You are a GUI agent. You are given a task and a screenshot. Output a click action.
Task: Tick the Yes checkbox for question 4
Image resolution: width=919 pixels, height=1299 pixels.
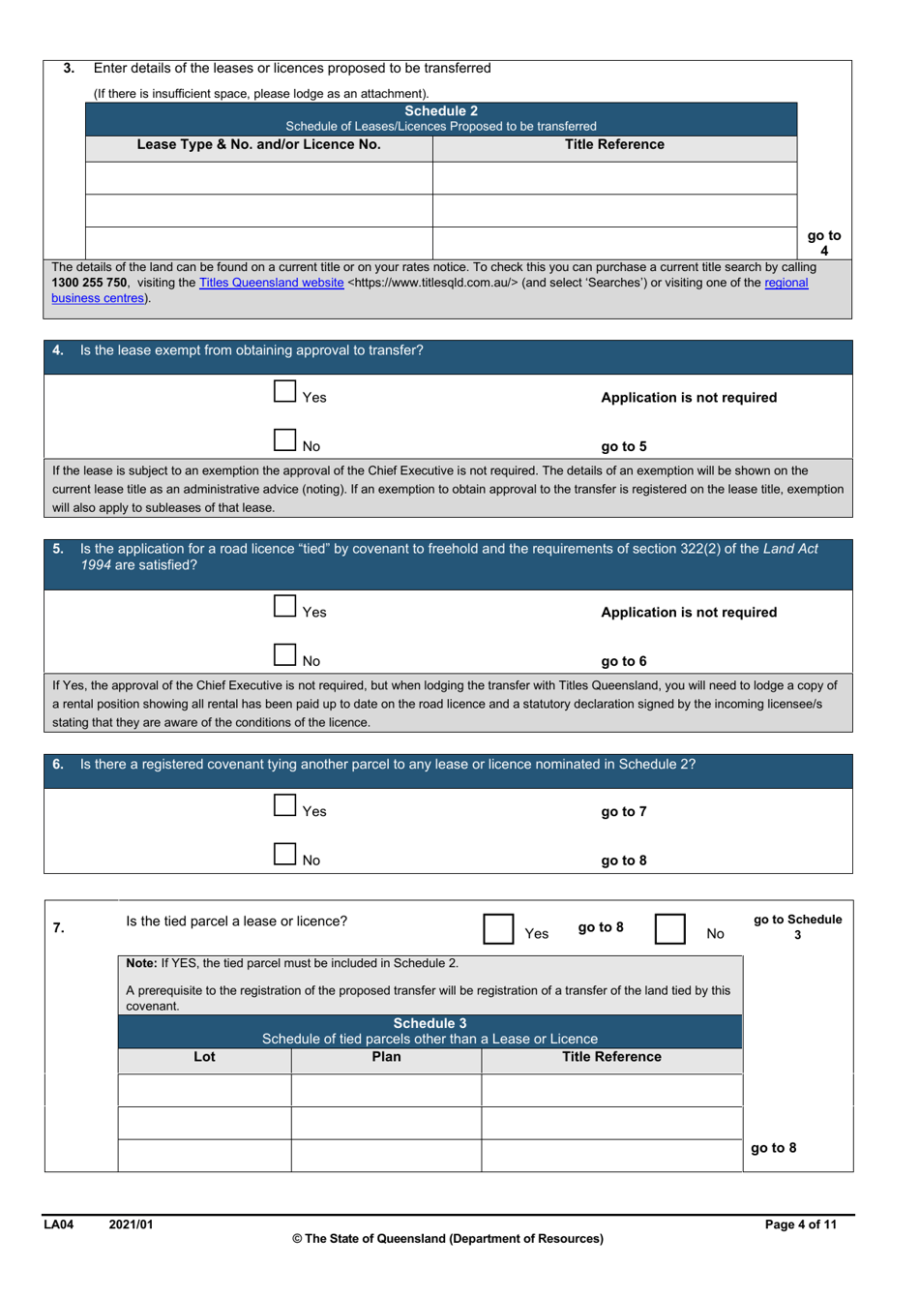point(284,392)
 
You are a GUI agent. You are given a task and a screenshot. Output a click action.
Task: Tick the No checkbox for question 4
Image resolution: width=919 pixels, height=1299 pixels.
point(284,440)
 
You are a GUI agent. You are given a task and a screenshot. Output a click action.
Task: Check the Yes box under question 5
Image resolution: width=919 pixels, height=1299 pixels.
point(284,607)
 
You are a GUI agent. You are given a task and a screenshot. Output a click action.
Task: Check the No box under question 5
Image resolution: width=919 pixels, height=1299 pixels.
point(284,655)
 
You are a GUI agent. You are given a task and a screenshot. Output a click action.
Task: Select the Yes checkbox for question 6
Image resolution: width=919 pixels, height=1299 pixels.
point(284,805)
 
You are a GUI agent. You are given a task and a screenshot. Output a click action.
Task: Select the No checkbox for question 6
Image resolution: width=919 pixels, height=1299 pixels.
point(284,854)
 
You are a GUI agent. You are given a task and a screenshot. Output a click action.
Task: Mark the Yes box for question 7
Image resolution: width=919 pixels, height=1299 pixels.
point(498,928)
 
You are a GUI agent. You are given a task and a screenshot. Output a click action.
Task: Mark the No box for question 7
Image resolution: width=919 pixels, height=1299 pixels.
point(669,928)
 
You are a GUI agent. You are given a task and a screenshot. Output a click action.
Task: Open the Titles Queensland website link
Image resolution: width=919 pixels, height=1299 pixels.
point(271,283)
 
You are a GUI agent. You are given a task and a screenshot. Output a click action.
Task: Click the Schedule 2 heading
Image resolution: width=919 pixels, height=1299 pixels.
point(440,111)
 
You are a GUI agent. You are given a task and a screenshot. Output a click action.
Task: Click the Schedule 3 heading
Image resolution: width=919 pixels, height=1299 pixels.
point(430,1023)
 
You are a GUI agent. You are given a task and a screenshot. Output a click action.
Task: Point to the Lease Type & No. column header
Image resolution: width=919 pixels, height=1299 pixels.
point(258,145)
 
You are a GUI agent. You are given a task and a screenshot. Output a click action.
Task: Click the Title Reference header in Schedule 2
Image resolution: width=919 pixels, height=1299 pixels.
point(614,145)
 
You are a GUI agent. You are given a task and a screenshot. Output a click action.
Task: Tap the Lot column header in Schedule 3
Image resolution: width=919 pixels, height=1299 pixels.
point(204,1057)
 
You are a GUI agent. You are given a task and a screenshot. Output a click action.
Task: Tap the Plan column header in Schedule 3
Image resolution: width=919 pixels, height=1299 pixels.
point(386,1057)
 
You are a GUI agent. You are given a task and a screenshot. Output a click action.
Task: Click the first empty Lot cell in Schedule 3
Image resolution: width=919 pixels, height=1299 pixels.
point(204,1090)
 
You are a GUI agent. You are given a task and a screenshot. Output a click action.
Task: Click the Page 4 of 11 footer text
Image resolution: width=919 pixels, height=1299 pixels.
point(800,1224)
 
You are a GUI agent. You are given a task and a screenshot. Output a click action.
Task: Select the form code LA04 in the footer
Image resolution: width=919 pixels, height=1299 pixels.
point(59,1224)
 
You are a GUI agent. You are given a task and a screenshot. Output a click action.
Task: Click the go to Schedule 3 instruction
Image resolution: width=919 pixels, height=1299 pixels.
point(797,926)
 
